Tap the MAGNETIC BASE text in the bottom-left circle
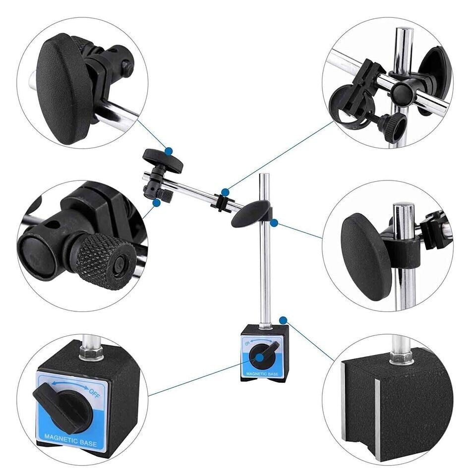[70, 440]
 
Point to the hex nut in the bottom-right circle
[401, 357]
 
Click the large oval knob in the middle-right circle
[366, 256]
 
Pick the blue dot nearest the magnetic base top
[283, 320]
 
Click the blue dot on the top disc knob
[169, 151]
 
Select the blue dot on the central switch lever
[260, 357]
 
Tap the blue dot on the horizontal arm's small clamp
[225, 192]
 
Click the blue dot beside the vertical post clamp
[274, 223]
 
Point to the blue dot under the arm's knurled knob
[157, 203]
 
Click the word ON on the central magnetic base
[247, 343]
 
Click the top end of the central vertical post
[265, 174]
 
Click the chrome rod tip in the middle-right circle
[404, 206]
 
